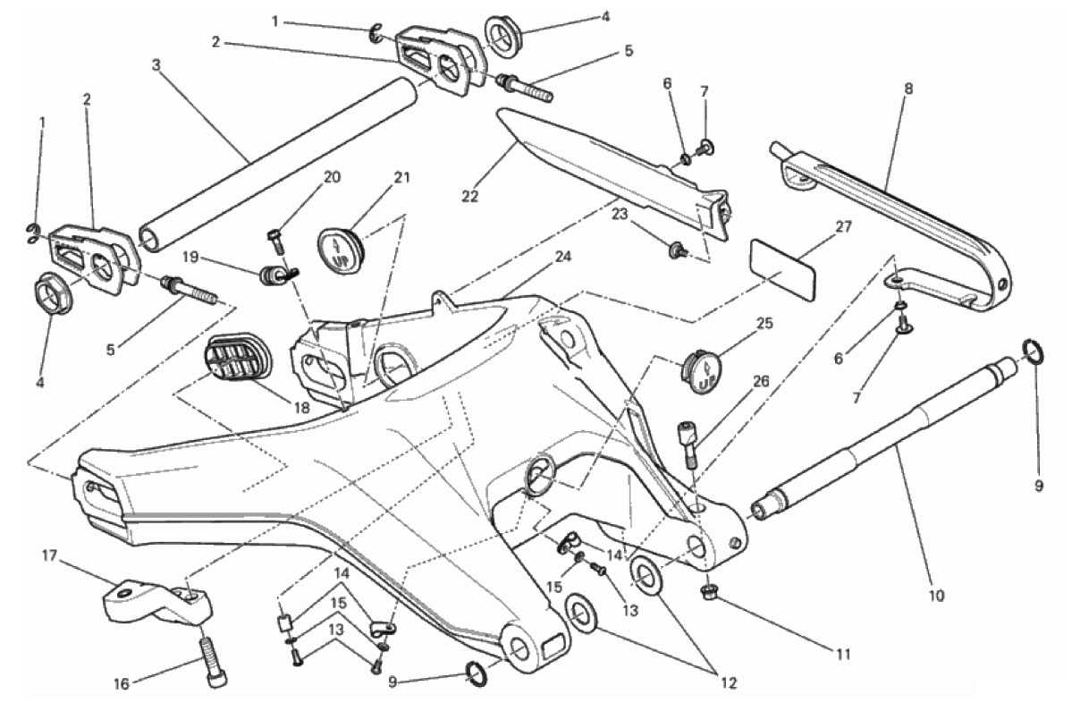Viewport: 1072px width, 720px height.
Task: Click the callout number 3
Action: [x=156, y=65]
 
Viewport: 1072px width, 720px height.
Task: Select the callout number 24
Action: [x=563, y=257]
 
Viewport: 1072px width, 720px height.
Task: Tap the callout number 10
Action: [x=937, y=596]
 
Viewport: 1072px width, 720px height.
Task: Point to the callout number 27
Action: [x=844, y=226]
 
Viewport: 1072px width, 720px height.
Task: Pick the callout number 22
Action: [x=469, y=196]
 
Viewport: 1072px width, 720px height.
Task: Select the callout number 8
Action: [x=907, y=89]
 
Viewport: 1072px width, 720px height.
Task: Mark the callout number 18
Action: [x=300, y=408]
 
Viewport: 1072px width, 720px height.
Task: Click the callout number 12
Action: [x=730, y=683]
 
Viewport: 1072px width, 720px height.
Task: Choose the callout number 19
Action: [x=190, y=257]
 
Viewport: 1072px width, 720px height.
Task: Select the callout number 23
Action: [x=620, y=214]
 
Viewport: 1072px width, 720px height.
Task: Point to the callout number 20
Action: [x=332, y=178]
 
